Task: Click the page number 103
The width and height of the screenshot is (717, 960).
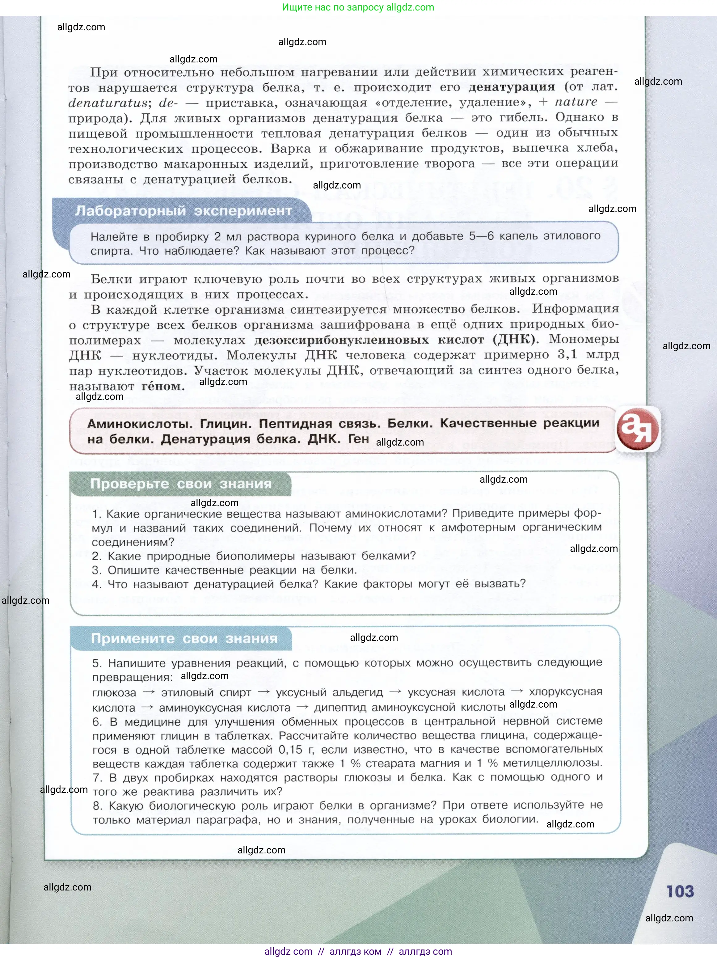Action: click(x=680, y=891)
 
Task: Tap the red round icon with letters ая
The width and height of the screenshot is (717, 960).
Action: click(x=638, y=429)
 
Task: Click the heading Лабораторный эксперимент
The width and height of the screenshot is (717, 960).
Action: click(x=183, y=211)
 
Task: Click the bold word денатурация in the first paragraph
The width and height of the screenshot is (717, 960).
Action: click(x=512, y=87)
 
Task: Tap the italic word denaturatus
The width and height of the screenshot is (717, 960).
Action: click(x=108, y=103)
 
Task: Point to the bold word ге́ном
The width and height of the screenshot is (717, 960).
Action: click(x=163, y=386)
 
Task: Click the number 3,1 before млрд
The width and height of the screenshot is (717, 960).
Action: click(x=567, y=355)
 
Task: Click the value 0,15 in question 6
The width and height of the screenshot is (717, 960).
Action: click(x=290, y=750)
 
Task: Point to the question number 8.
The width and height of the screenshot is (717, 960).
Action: click(x=97, y=806)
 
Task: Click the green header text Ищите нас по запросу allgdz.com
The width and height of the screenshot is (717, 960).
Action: click(x=358, y=7)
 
